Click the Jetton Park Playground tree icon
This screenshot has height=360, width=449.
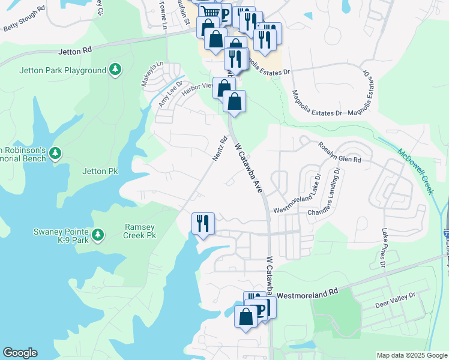point(115,70)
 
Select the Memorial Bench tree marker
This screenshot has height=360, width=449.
point(55,154)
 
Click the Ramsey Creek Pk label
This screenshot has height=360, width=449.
point(140,231)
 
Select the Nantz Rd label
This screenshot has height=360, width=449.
point(220,149)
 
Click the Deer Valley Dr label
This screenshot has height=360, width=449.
point(395,301)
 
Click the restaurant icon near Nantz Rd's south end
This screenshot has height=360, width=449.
point(203,224)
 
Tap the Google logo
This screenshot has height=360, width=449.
point(20,353)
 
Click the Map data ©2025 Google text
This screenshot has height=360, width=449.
point(412,355)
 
